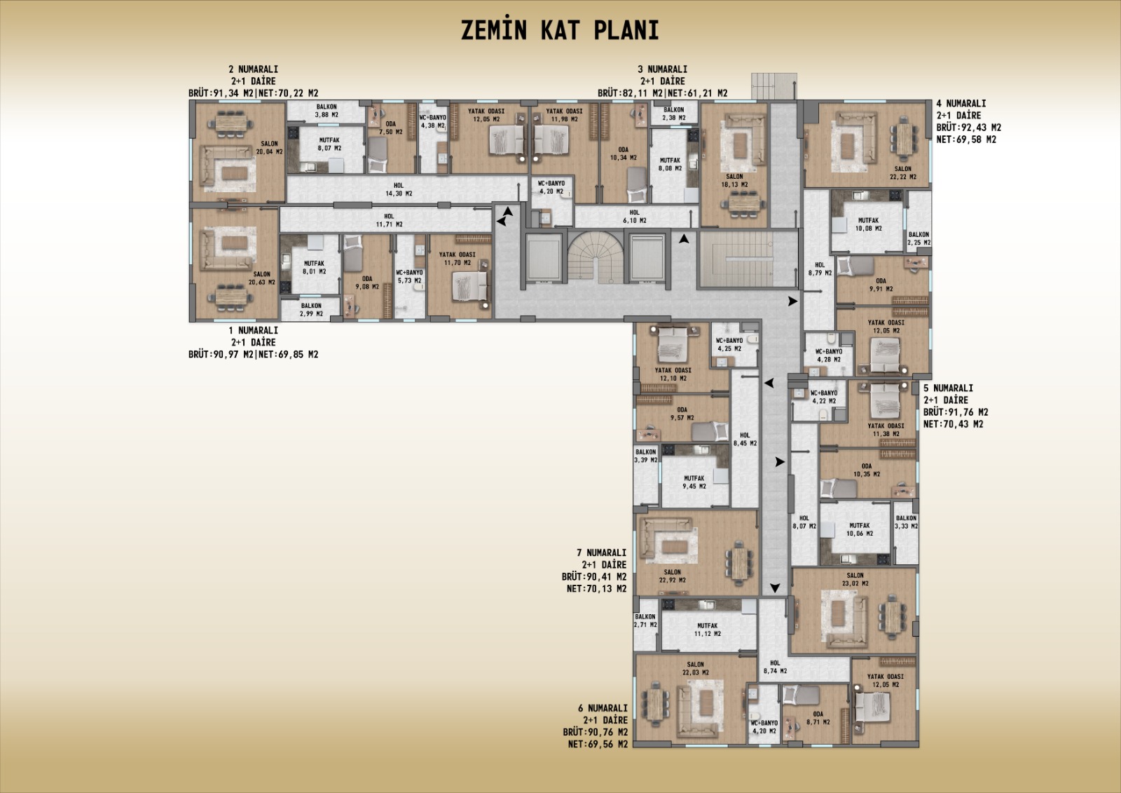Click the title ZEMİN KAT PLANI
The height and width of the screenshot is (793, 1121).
click(560, 30)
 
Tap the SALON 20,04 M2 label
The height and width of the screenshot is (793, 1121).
click(269, 148)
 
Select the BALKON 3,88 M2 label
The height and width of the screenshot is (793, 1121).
click(326, 111)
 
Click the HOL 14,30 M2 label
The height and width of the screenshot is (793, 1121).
click(399, 189)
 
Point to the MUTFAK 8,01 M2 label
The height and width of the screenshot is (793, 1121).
click(314, 268)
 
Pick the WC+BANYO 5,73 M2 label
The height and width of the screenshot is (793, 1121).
click(409, 276)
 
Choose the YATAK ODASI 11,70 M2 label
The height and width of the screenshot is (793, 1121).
click(457, 259)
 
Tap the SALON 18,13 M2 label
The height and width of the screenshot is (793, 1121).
click(734, 180)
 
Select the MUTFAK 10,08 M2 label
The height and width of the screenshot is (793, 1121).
click(868, 224)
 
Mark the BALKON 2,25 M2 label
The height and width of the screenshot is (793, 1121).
click(919, 238)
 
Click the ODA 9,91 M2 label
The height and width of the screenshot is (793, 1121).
click(881, 285)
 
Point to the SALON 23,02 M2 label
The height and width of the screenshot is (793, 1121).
click(855, 579)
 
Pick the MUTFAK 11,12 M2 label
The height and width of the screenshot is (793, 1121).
click(707, 630)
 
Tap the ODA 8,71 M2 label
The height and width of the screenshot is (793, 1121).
click(818, 718)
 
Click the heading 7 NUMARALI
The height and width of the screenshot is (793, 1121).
click(601, 553)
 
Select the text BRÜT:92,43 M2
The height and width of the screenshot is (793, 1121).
click(968, 127)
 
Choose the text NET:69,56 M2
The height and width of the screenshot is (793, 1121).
click(598, 744)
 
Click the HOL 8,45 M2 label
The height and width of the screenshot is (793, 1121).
click(745, 440)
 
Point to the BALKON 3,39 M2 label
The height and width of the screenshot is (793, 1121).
click(645, 456)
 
